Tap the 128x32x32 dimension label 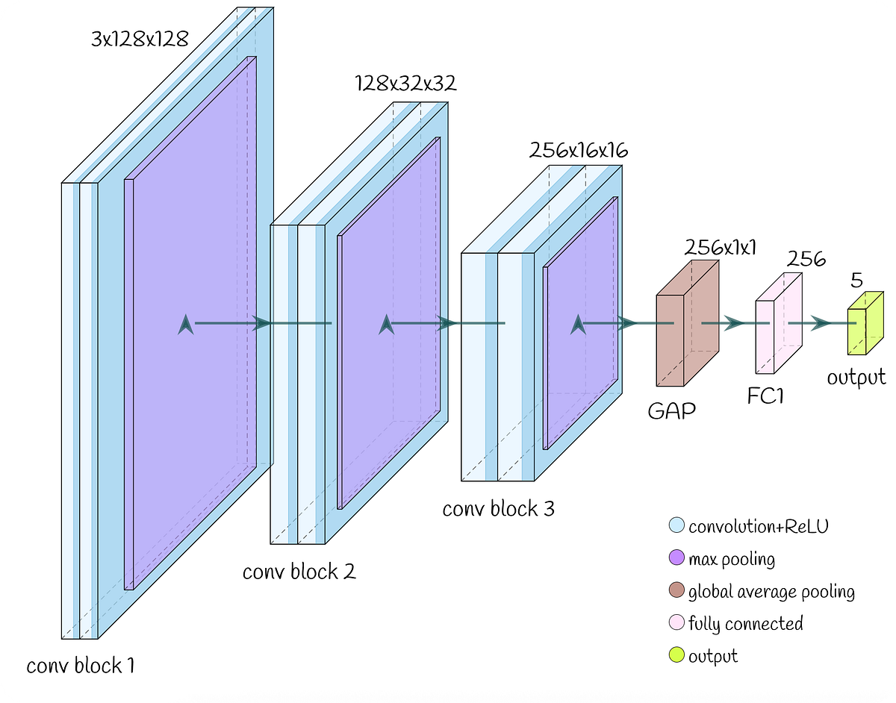[405, 83]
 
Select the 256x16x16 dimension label [579, 150]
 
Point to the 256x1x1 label [719, 248]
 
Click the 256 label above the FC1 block [806, 259]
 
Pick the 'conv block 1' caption [81, 665]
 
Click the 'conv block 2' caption [299, 572]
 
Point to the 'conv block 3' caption [498, 509]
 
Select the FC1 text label [766, 396]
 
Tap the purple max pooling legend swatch [676, 558]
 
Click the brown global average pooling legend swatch [676, 591]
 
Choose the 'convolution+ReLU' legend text [758, 526]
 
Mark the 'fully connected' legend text [745, 623]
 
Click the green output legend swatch [676, 656]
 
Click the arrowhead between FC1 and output [821, 323]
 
